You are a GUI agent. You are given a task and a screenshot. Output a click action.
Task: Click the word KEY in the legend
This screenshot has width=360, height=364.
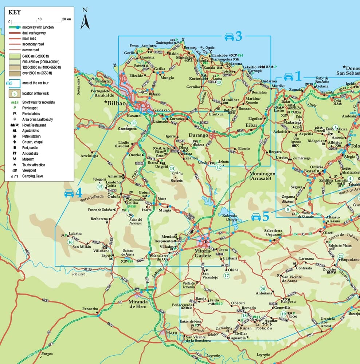click(x=15, y=12)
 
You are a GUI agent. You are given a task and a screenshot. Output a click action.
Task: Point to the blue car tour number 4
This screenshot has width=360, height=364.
click(x=79, y=193)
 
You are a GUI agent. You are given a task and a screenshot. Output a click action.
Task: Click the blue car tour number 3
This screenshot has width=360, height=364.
click(x=238, y=36)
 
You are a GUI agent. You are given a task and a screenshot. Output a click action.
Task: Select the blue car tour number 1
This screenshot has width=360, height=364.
click(x=298, y=76)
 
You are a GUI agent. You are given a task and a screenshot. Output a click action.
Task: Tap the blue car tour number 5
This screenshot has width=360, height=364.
click(x=266, y=217)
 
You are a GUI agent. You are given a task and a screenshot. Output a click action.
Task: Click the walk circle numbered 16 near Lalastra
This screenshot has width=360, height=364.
click(x=70, y=242)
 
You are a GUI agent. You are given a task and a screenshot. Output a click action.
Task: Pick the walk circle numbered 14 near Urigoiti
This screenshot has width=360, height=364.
click(x=172, y=168)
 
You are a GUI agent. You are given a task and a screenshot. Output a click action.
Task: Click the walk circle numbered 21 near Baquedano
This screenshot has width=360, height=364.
click(x=341, y=256)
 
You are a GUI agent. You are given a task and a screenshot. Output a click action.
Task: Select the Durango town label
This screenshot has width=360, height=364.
click(x=198, y=135)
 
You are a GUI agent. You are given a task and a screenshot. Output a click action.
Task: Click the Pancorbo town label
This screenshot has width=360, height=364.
click(x=90, y=309)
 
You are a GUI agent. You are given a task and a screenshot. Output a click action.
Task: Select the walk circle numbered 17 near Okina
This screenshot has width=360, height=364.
click(x=227, y=275)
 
